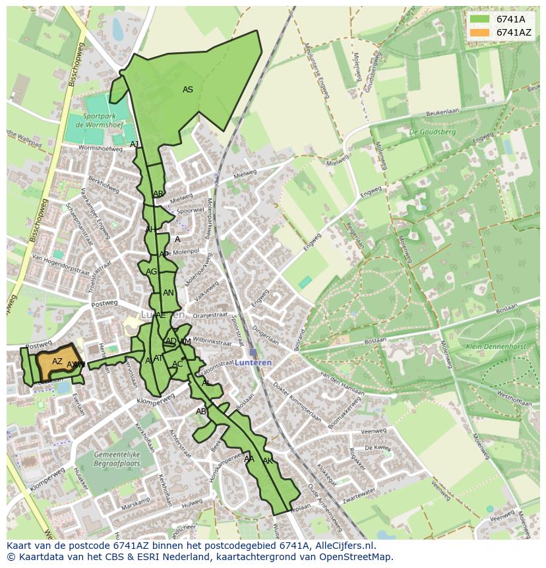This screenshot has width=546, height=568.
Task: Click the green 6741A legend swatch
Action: click(x=479, y=19)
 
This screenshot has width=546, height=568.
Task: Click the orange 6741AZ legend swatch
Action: click(x=479, y=32)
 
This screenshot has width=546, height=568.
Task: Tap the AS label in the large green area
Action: click(x=188, y=90)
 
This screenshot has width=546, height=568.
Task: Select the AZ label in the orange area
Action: click(x=57, y=362)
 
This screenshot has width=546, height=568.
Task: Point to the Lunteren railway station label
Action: click(x=254, y=363)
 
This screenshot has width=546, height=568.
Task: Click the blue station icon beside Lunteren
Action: click(x=253, y=352)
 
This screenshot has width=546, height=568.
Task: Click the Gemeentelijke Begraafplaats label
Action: click(x=117, y=459)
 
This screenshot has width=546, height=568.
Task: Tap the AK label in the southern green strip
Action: click(x=268, y=460)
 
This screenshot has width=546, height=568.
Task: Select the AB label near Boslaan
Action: click(x=201, y=412)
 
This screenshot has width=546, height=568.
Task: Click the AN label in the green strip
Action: click(x=168, y=293)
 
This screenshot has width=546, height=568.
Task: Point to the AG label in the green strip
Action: click(x=152, y=272)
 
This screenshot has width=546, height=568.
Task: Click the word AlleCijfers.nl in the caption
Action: click(x=342, y=546)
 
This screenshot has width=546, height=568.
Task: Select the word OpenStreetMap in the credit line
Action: click(x=359, y=557)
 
